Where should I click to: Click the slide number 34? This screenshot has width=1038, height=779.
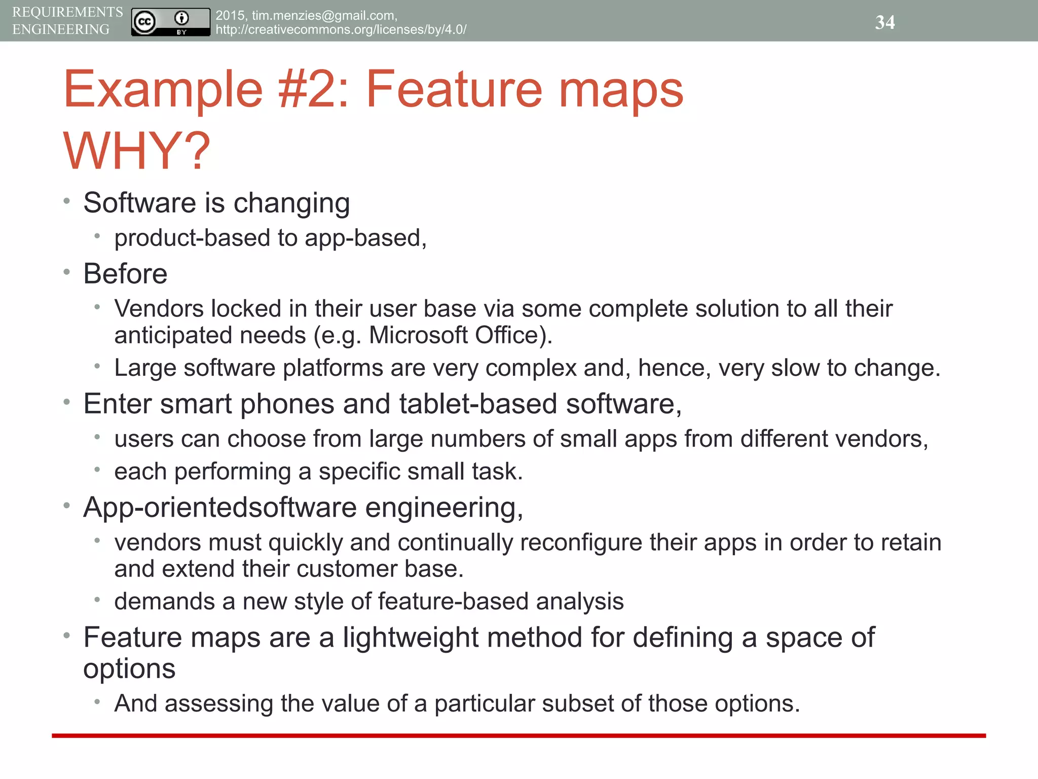(884, 22)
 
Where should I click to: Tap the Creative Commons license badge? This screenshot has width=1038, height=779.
(170, 22)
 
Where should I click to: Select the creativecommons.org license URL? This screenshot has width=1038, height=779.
(341, 29)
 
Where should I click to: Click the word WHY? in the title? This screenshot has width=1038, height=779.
(136, 151)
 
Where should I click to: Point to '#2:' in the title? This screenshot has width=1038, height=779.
(313, 89)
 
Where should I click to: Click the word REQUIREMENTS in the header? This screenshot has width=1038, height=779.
(67, 12)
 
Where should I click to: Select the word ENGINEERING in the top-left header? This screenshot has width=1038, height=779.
(61, 29)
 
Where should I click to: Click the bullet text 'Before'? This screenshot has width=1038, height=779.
(125, 274)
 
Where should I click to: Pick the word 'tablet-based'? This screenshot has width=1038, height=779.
(478, 404)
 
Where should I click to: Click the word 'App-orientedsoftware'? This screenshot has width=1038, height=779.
(220, 507)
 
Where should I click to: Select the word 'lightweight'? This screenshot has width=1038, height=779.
(411, 638)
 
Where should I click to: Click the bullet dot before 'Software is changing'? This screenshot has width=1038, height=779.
(66, 201)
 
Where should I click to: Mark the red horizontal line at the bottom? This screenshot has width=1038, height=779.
(518, 735)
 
